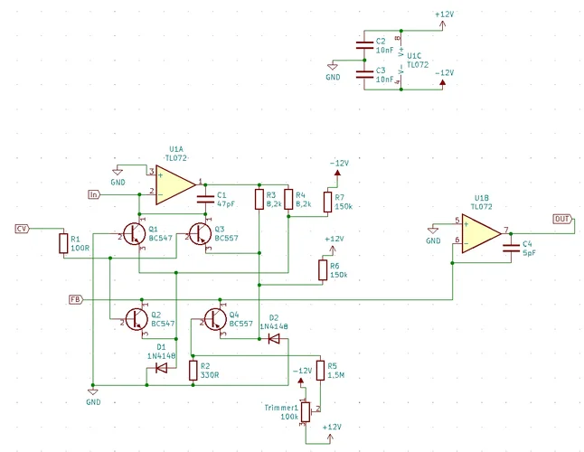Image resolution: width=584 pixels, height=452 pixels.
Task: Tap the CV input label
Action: pos(23,228)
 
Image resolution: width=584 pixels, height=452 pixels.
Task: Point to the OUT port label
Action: pos(560,220)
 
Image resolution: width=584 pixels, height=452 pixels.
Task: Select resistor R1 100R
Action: pos(62,242)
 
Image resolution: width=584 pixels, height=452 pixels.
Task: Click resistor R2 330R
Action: pos(193,370)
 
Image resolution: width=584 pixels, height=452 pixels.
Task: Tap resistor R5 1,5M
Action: pos(319,370)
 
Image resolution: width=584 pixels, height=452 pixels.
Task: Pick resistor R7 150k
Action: pos(326,201)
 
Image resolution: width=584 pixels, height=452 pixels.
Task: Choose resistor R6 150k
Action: pos(322,269)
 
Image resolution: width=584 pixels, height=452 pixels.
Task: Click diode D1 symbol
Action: pos(162,368)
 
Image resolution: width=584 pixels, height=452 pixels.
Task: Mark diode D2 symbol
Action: pos(273,339)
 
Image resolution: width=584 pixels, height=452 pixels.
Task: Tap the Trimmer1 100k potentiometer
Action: pos(306,411)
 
